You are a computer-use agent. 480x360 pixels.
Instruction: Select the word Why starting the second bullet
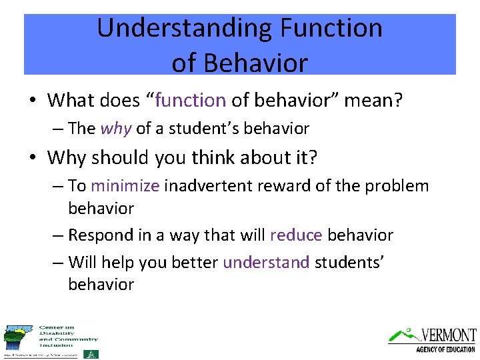click(67, 158)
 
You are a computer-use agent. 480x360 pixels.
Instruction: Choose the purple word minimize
click(125, 186)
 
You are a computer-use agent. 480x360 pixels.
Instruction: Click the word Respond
click(100, 235)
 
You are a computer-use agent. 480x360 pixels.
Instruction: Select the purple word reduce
click(296, 235)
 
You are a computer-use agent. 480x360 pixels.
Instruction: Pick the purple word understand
click(266, 263)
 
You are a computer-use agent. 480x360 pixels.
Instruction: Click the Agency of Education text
click(445, 349)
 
